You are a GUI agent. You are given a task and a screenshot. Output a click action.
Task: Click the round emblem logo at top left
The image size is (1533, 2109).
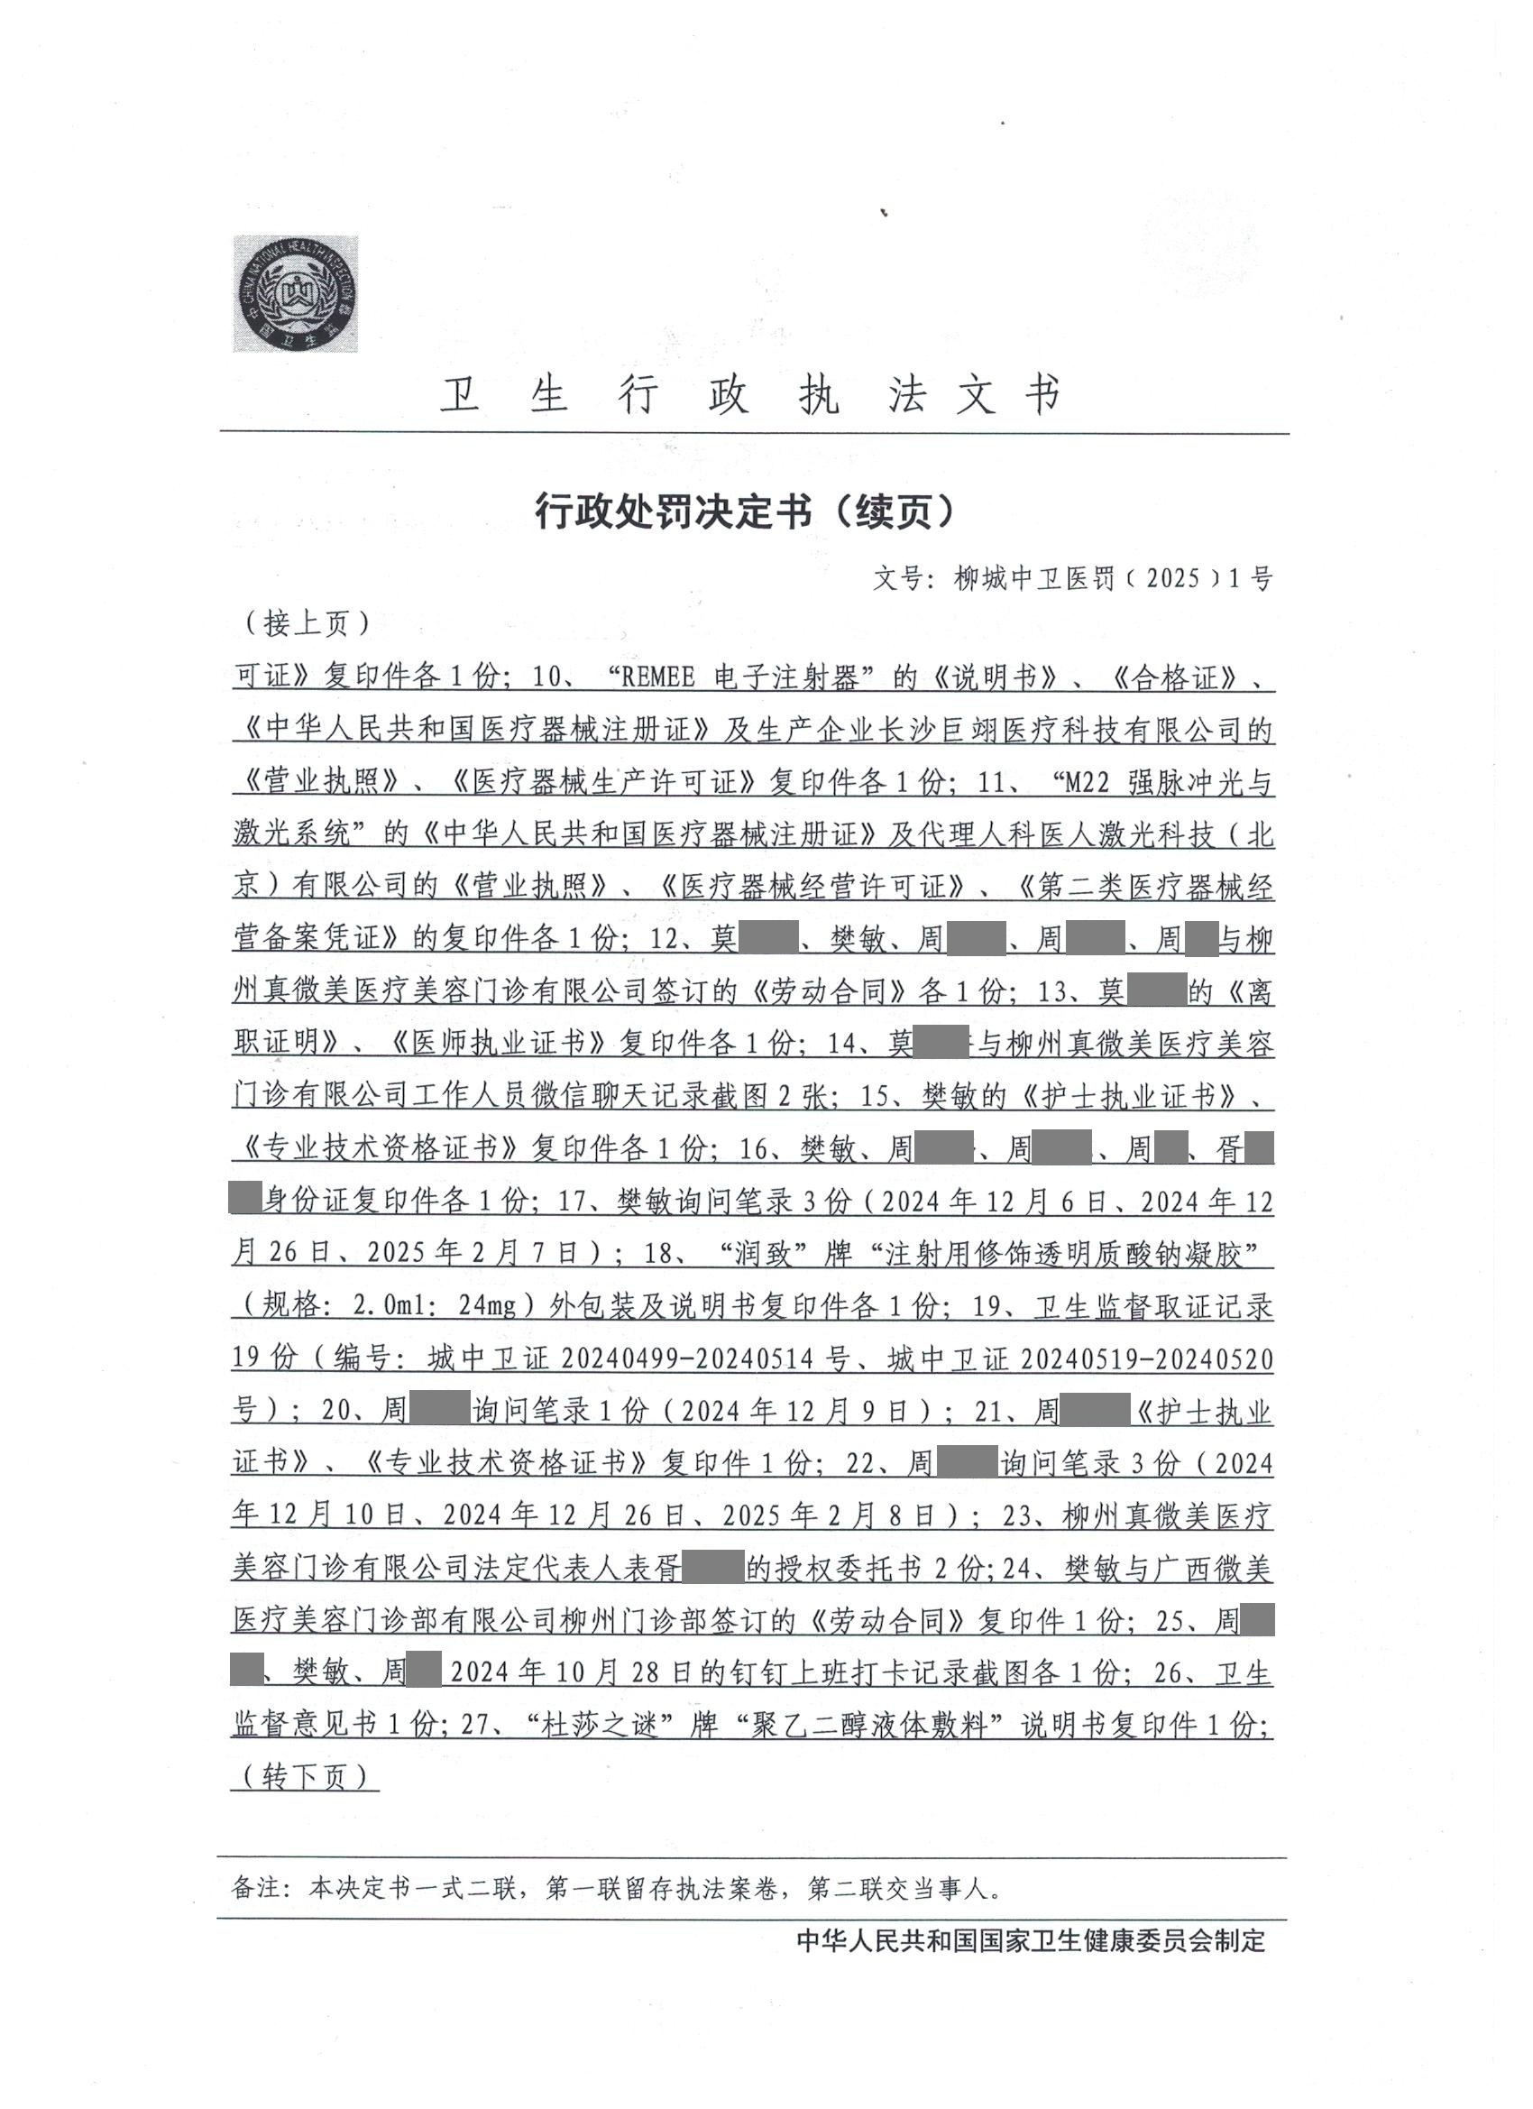(x=295, y=294)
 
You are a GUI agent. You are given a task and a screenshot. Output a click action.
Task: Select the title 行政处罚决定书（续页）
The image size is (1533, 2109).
(x=745, y=511)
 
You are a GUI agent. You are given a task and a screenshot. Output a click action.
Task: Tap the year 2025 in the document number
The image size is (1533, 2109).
(x=1173, y=578)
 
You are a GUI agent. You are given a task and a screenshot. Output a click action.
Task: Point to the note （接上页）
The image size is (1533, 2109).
(x=306, y=623)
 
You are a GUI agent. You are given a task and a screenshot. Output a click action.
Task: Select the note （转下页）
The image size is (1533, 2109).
(x=306, y=1777)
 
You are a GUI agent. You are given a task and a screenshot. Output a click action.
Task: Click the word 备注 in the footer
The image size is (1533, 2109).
(x=254, y=1889)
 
